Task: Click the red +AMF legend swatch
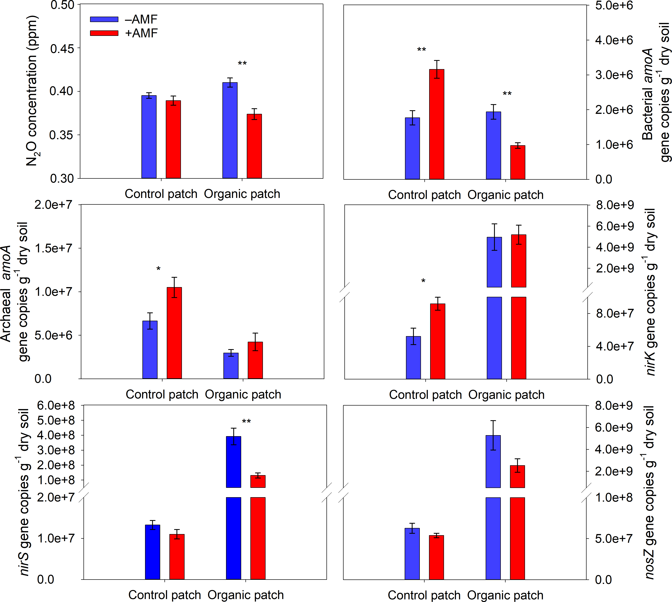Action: pos(104,33)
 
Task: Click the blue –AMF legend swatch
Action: pos(104,19)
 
